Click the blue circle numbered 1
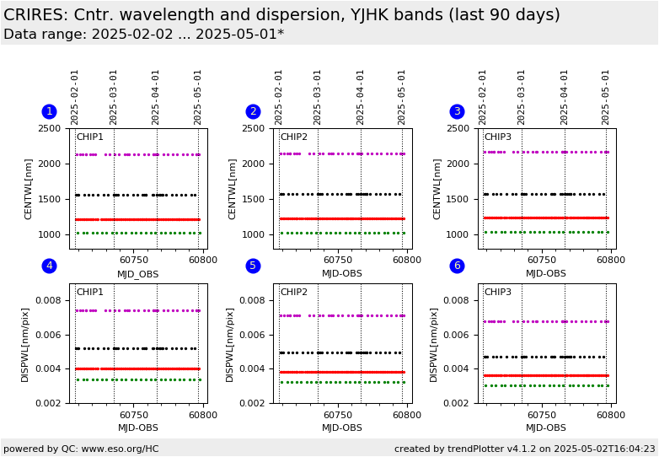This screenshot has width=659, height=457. (49, 111)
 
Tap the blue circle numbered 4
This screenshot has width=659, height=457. (49, 266)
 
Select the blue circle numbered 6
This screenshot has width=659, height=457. (458, 266)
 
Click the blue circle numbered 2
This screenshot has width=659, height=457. (253, 111)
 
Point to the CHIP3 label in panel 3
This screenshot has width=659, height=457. (498, 137)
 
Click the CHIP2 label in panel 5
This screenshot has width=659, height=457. (294, 292)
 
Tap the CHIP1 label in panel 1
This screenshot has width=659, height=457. (89, 137)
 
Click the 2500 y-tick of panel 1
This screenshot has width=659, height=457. (49, 128)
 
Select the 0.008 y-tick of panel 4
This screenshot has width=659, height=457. (48, 300)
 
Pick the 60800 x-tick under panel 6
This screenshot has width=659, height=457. (611, 415)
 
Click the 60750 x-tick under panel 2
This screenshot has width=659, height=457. (337, 260)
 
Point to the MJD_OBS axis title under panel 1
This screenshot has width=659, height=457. (138, 275)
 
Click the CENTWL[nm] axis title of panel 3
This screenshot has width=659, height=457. (437, 189)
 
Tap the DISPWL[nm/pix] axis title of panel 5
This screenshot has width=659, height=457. (229, 345)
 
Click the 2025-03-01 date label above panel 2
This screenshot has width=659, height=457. (318, 98)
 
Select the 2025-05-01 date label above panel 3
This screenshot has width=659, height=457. (605, 98)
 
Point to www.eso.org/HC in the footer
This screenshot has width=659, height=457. (120, 449)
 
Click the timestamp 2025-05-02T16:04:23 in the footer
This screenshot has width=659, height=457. (604, 449)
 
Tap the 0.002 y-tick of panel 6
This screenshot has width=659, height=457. (456, 403)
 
